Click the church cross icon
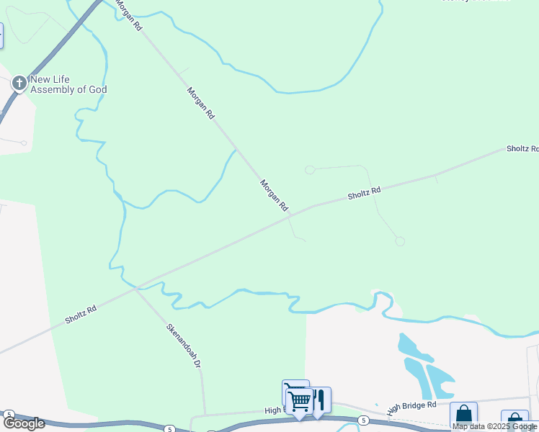pos(19,84)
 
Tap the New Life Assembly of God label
pos(68,84)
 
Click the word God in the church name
pos(97,89)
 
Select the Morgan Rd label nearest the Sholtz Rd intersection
pos(274,195)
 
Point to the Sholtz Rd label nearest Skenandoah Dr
pos(81,315)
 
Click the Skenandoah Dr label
pos(182,346)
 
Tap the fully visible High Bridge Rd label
pos(411,407)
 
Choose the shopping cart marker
pos(299,400)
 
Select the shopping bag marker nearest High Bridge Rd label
pos(463,415)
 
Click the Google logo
pos(24,423)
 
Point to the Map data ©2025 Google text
pos(494,426)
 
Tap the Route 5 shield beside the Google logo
pos(9,415)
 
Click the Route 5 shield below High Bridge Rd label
pos(364,420)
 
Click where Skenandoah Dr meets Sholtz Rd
pos(135,289)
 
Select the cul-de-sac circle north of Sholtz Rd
pos(310,170)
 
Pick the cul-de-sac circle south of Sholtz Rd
pos(400,241)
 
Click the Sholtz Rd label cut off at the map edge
pos(522,148)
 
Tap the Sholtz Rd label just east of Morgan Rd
pos(364,193)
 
